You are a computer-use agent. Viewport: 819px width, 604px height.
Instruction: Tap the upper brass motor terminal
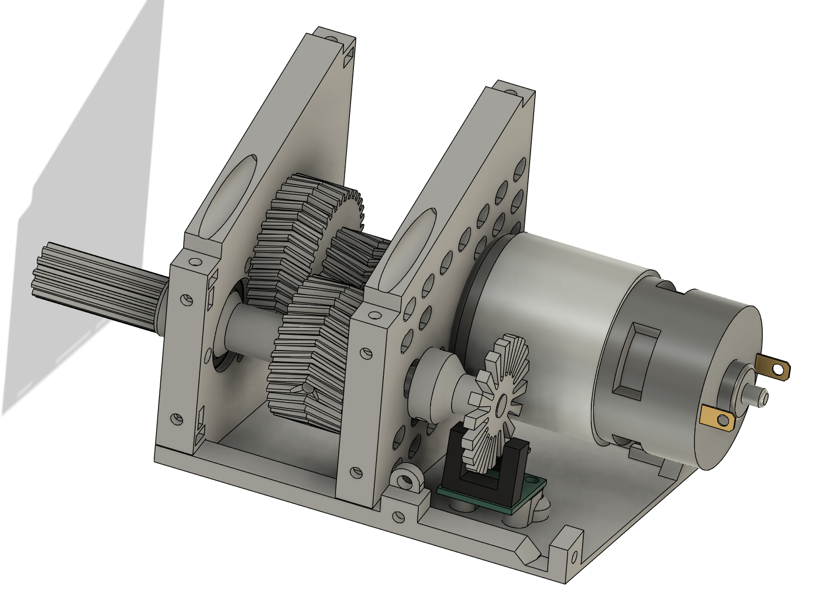pos(774,367)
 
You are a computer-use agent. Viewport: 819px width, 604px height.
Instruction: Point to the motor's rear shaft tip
pos(763,397)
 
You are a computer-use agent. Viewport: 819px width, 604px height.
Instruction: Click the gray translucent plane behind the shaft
pos(88,176)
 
